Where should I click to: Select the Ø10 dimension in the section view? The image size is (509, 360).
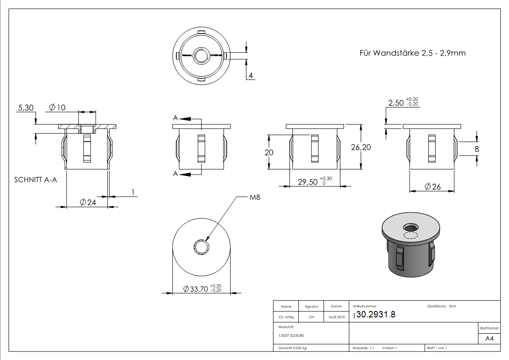(x=58, y=107)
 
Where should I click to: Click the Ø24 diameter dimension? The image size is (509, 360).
(x=87, y=202)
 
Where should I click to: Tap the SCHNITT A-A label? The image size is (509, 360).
(x=34, y=180)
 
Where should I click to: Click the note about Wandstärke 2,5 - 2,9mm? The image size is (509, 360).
(x=412, y=53)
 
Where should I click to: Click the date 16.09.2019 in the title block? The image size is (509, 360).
(x=336, y=317)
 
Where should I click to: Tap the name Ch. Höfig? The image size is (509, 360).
(x=286, y=317)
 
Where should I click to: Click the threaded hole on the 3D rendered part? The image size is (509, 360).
(x=412, y=227)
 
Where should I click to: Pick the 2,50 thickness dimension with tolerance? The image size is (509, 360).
(x=403, y=103)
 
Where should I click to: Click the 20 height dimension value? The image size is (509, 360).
(x=269, y=152)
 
